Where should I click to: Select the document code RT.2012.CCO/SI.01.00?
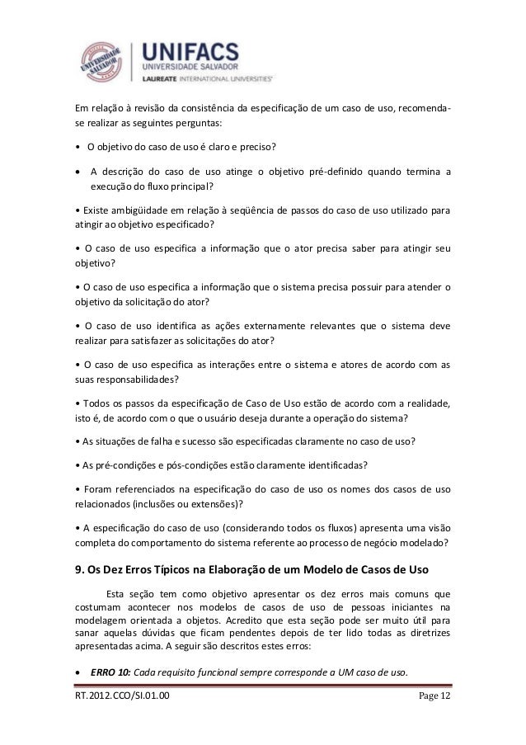coord(124,701)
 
